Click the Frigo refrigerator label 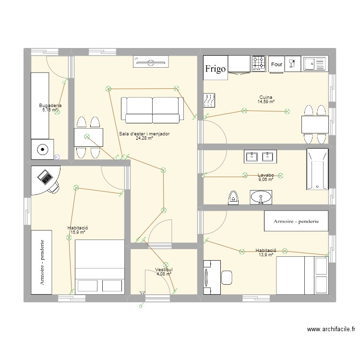pos(216,69)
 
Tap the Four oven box pos(276,64)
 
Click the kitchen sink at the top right pos(314,63)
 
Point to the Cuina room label pos(265,97)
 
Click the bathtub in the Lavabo pos(317,169)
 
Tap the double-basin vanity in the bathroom pos(259,156)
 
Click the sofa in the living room pos(152,109)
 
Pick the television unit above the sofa pos(151,62)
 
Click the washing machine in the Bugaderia pos(43,149)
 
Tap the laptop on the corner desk pos(45,177)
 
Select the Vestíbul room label pos(164,270)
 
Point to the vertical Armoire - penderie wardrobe pos(43,262)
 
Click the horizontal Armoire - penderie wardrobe pos(296,221)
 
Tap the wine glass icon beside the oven pos(291,63)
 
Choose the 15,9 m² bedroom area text pos(78,232)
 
